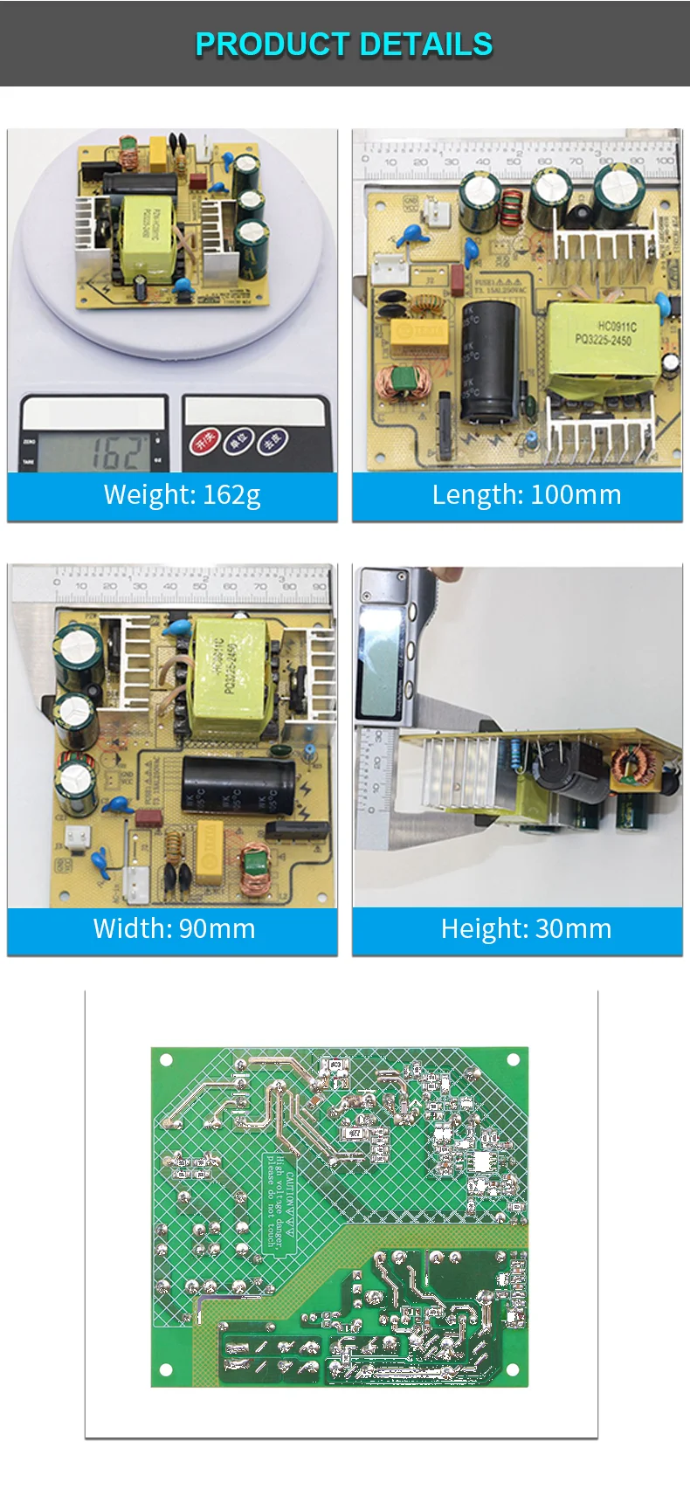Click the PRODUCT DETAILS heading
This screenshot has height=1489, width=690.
coord(344,44)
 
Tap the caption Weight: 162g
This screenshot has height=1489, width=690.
coord(182,495)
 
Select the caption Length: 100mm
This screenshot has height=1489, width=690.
coord(526,495)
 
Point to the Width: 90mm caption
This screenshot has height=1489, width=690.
coord(174,928)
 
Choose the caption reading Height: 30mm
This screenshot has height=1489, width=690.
coord(526,928)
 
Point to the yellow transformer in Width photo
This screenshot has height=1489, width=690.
coord(232,676)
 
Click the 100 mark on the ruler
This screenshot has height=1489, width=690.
coord(665,161)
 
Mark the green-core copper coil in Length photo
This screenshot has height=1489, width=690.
coord(404,382)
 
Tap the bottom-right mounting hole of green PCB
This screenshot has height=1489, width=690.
coord(513,1369)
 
